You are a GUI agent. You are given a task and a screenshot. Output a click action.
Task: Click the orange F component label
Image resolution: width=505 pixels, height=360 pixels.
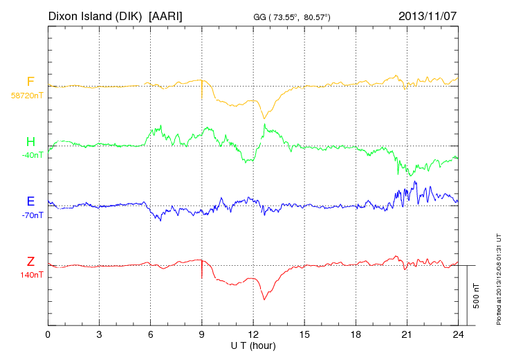tap(30, 82)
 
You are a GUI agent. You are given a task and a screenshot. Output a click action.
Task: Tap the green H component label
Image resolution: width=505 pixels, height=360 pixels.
tap(30, 142)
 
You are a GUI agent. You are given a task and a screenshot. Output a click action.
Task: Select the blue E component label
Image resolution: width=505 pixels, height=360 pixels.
tap(30, 201)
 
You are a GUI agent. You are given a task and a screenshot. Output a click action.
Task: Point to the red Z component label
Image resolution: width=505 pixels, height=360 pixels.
tap(30, 261)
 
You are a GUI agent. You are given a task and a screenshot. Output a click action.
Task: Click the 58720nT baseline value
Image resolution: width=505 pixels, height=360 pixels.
tap(27, 96)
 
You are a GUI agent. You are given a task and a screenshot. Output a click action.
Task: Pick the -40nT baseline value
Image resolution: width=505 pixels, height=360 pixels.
tap(31, 155)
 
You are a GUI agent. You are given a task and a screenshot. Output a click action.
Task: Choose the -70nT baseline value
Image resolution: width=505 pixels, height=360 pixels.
tap(32, 215)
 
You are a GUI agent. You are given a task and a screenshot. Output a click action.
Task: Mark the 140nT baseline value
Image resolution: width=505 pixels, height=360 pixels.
tap(31, 275)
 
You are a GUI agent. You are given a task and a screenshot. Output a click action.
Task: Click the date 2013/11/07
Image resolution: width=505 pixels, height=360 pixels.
tap(428, 15)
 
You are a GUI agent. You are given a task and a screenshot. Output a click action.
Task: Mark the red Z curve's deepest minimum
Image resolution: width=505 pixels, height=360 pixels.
tap(264, 300)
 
